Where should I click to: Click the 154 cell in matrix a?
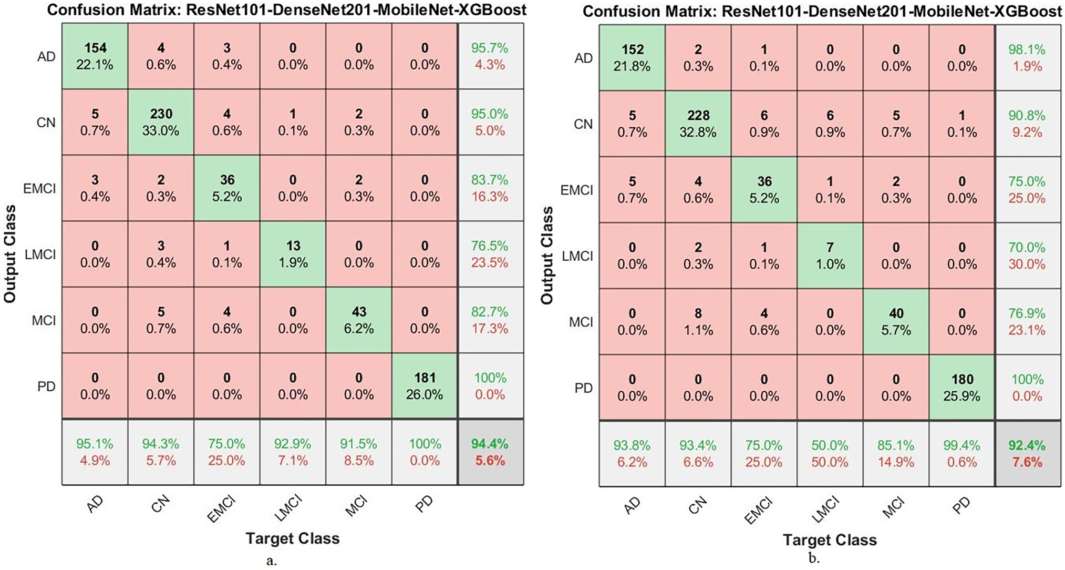95,56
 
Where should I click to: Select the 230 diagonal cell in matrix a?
161,122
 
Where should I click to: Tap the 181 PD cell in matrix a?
425,386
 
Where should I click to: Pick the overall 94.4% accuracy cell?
490,452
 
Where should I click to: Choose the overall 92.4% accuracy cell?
1027,454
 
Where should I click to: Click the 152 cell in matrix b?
633,58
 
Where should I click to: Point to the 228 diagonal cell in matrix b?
698,124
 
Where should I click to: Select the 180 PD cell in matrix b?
962,388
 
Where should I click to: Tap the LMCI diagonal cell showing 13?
293,254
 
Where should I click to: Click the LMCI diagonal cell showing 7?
830,256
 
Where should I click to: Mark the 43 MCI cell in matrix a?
359,320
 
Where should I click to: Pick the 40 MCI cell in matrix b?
896,322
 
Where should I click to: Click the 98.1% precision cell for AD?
1027,58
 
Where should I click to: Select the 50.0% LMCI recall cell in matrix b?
830,454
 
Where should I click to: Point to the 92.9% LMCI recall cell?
293,452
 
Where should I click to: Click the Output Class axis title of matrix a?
11,254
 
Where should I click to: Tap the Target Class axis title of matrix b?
830,540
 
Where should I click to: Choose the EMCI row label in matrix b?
576,190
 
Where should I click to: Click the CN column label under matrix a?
161,504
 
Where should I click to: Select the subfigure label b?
813,558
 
